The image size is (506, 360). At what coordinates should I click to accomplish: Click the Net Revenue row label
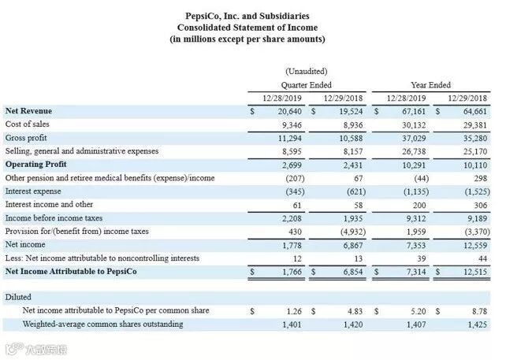coord(29,111)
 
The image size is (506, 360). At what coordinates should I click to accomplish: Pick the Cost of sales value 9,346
coord(286,124)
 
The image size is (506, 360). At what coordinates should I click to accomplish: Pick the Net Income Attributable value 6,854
coord(348,272)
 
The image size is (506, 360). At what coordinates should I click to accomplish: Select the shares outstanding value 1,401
coord(286,324)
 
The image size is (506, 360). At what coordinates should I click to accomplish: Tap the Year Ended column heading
coord(430,84)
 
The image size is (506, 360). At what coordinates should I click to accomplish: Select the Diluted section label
coord(18,298)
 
